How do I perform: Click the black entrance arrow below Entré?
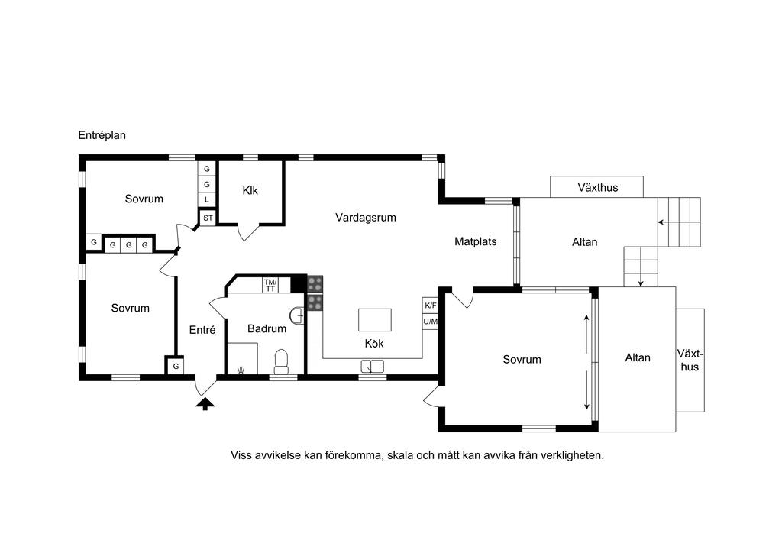(205, 403)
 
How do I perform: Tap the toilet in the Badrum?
(281, 361)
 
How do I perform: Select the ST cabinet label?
(208, 218)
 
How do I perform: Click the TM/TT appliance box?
(270, 285)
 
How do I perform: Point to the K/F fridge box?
(430, 306)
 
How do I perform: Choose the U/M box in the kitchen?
(430, 322)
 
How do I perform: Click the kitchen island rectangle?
(374, 319)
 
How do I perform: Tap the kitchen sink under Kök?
(373, 366)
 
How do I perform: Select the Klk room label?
(250, 190)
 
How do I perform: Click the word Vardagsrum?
(366, 218)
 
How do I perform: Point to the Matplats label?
(475, 241)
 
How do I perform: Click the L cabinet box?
(207, 199)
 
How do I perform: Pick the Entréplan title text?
(102, 135)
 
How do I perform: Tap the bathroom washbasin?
(297, 315)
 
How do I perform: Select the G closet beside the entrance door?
(176, 366)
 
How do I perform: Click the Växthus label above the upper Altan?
(597, 187)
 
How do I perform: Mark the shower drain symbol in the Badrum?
(241, 370)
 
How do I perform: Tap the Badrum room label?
(267, 328)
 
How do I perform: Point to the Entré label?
(202, 330)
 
